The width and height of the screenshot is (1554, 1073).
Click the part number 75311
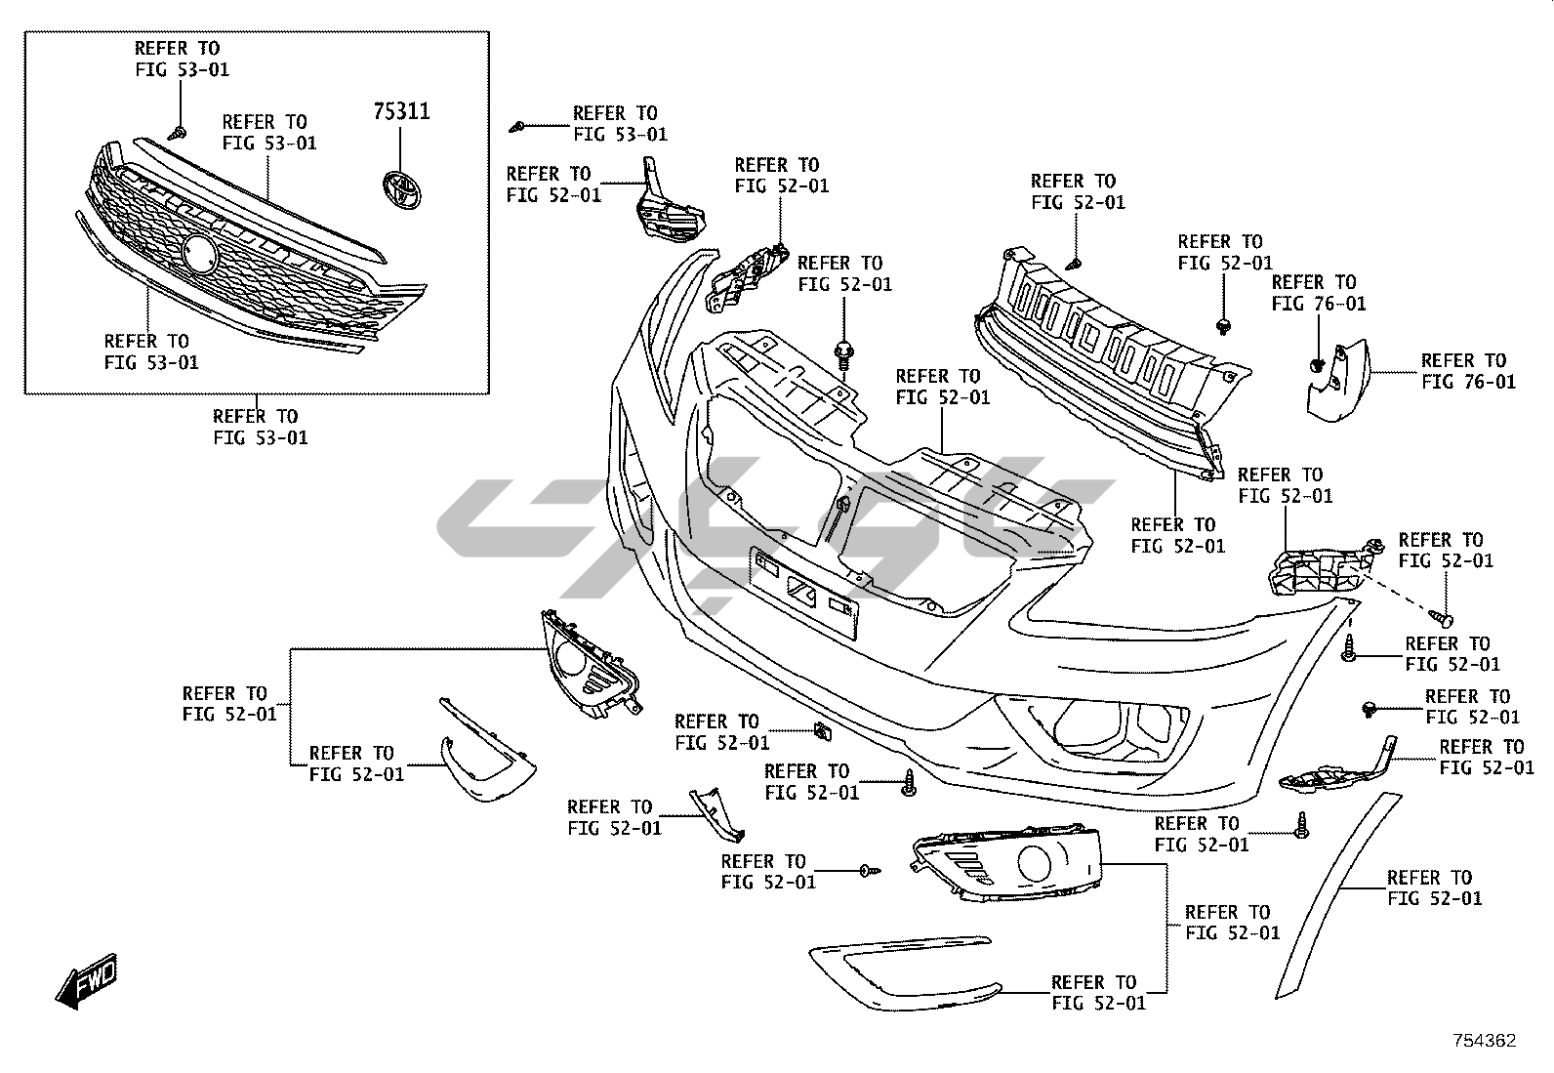[x=400, y=111]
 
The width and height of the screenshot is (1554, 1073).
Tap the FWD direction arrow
[x=87, y=979]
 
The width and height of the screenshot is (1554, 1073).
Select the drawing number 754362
[x=1484, y=1041]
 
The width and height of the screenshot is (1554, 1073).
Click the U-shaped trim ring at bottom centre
[x=898, y=971]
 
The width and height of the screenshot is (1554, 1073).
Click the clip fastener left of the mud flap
[x=1316, y=366]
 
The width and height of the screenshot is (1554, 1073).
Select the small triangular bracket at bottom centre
[x=717, y=814]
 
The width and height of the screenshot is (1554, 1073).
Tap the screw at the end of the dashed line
[x=1442, y=618]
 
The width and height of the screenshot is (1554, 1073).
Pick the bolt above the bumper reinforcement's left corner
[x=843, y=353]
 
